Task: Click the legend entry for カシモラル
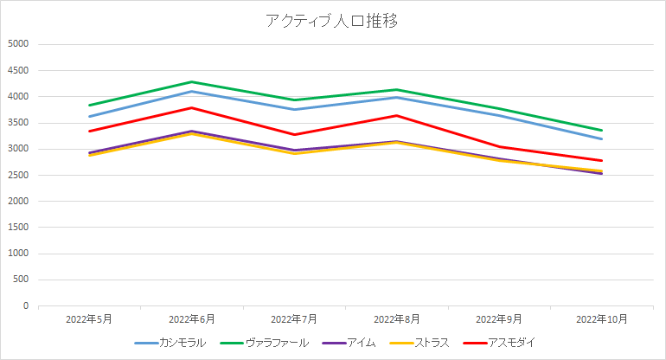183,343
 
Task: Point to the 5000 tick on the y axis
18,44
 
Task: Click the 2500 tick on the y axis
18,176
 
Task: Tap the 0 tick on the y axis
25,306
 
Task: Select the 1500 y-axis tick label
18,228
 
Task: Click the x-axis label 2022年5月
89,319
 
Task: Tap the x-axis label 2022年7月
294,319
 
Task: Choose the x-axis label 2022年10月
602,319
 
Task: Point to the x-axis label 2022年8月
397,319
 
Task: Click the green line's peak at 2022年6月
192,82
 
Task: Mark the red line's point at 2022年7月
294,134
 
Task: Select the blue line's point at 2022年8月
397,97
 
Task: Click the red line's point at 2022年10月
602,160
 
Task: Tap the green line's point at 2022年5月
89,105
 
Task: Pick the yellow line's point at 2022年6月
192,133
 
